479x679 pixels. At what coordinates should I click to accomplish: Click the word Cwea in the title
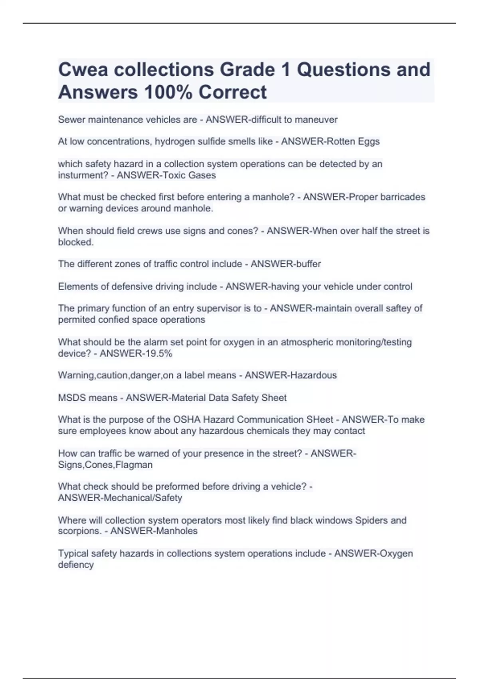(83, 69)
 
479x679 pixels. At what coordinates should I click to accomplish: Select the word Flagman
(134, 465)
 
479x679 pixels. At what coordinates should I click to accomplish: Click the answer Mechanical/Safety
(143, 498)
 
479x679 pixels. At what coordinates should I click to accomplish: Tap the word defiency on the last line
(76, 565)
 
